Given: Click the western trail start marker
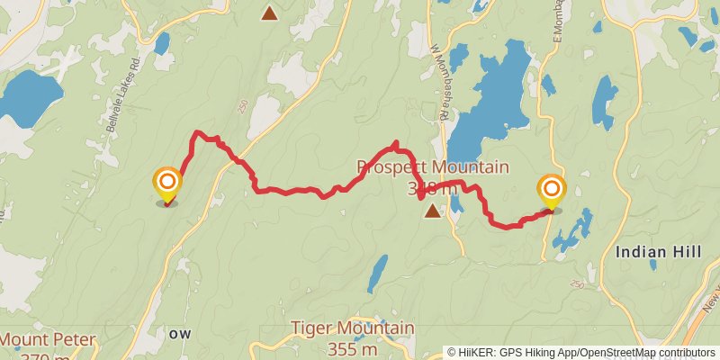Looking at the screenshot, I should (167, 186).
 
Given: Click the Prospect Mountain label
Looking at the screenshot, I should (433, 167).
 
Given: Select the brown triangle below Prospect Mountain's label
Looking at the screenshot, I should (433, 211).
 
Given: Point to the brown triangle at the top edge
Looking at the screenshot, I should (269, 12).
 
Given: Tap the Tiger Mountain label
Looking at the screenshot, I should (353, 328).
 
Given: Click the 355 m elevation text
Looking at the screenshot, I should (353, 348).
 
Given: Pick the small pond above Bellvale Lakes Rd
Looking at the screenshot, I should (162, 43).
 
